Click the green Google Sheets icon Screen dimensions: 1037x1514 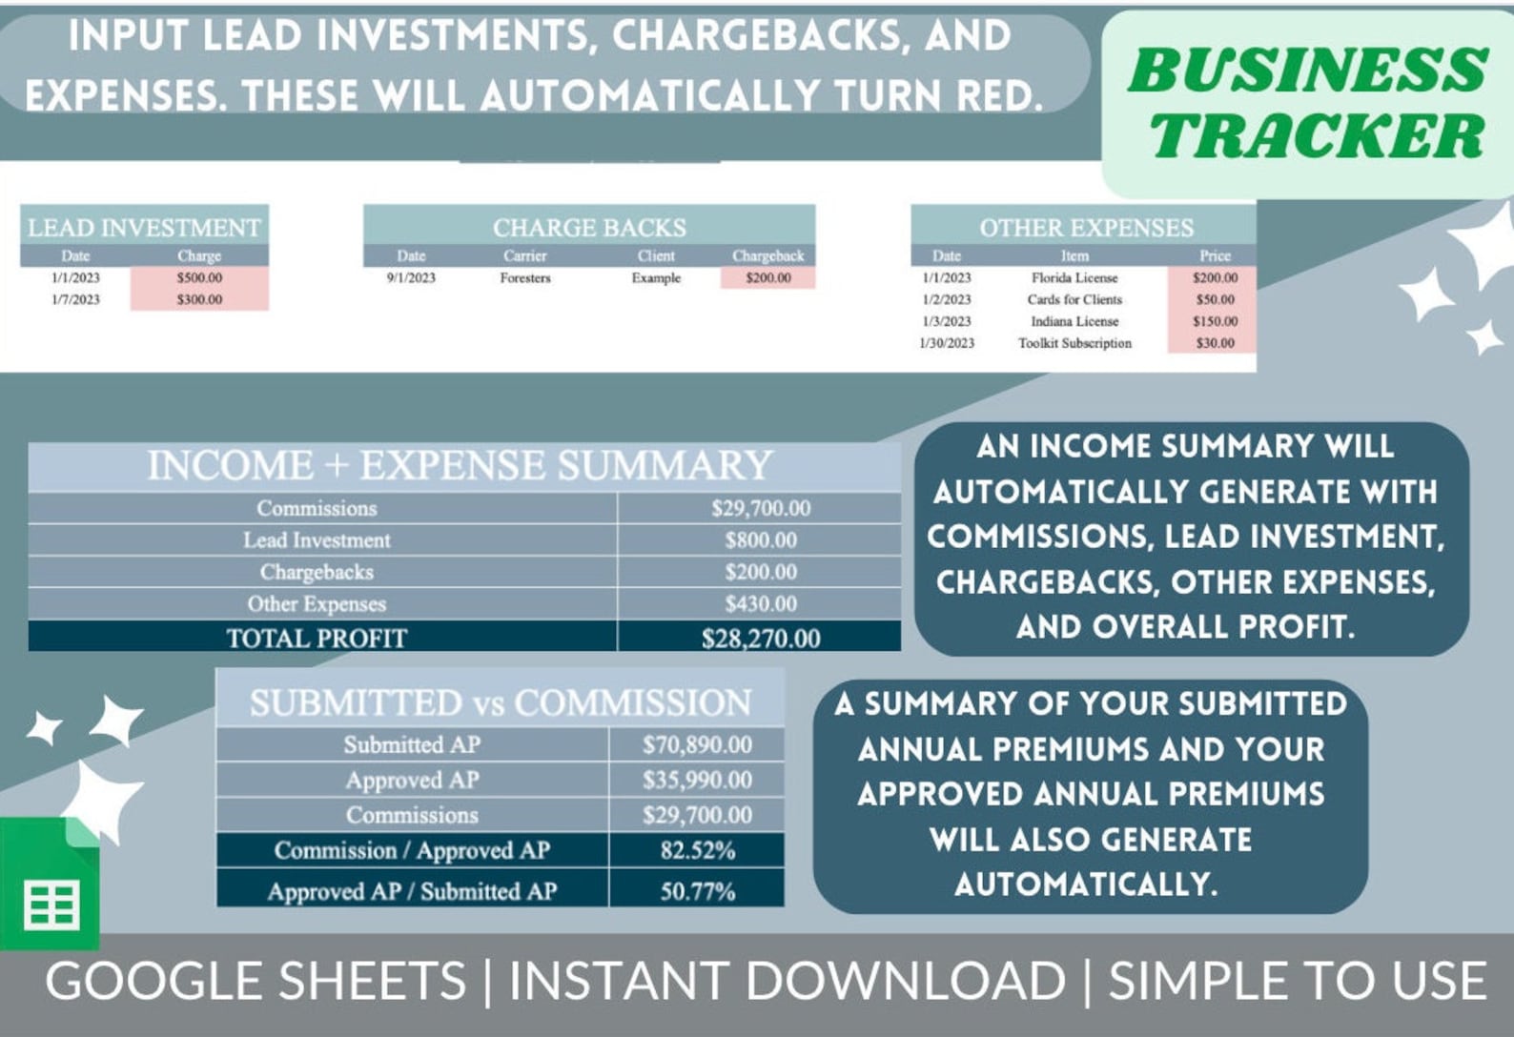pos(50,886)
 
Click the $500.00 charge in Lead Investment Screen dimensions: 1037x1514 pos(199,277)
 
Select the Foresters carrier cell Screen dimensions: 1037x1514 pos(525,277)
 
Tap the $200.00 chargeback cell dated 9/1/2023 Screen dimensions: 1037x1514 pos(767,277)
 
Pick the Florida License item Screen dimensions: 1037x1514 pos(1074,277)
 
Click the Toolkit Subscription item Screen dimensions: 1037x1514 pos(1074,343)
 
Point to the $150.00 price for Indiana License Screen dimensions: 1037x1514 pos(1215,321)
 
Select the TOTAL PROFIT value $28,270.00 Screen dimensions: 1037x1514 pos(760,638)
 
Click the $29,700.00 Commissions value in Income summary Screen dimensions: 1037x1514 pos(760,508)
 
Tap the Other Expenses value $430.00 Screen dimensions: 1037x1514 pos(760,603)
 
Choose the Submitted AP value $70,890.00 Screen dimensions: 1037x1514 pos(697,744)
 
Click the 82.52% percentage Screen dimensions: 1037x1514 pos(697,850)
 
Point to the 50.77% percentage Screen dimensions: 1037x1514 pos(697,891)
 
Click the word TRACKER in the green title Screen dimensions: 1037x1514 pos(1316,135)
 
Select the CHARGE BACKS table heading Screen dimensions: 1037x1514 pos(589,228)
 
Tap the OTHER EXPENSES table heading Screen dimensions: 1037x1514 pos(1086,228)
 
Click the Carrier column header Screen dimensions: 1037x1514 pos(525,255)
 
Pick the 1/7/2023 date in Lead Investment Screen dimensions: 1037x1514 pos(75,299)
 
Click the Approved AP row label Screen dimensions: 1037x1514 pos(412,780)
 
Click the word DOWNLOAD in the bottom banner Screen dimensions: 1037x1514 pos(906,981)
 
